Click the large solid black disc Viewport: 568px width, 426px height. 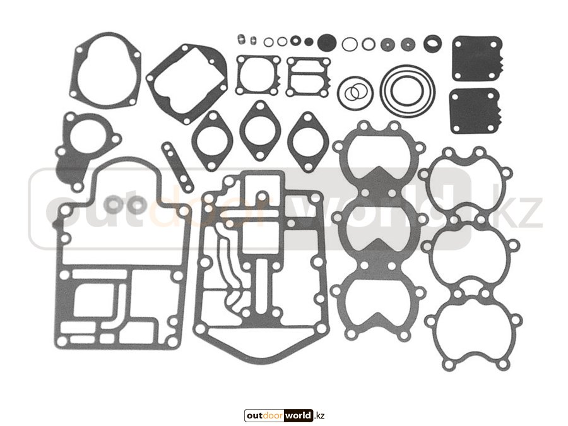tap(327, 42)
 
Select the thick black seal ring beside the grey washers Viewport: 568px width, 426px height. tap(432, 43)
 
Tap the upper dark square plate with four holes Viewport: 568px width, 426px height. tap(477, 58)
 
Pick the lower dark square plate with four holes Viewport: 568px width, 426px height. tap(475, 111)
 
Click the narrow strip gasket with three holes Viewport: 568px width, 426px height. tap(177, 167)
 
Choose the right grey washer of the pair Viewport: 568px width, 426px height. tap(138, 204)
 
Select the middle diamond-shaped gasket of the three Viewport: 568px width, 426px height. tap(260, 131)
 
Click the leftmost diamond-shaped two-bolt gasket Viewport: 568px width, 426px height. tap(212, 141)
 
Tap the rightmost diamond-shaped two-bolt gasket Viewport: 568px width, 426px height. tap(308, 142)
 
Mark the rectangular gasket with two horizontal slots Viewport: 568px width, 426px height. tap(309, 77)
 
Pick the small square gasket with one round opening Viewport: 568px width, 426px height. tap(258, 75)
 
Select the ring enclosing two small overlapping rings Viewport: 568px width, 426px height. tap(355, 93)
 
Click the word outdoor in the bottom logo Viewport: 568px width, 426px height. tap(265, 415)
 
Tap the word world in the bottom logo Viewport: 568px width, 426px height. tap(298, 415)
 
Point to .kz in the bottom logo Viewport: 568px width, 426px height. tap(319, 415)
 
